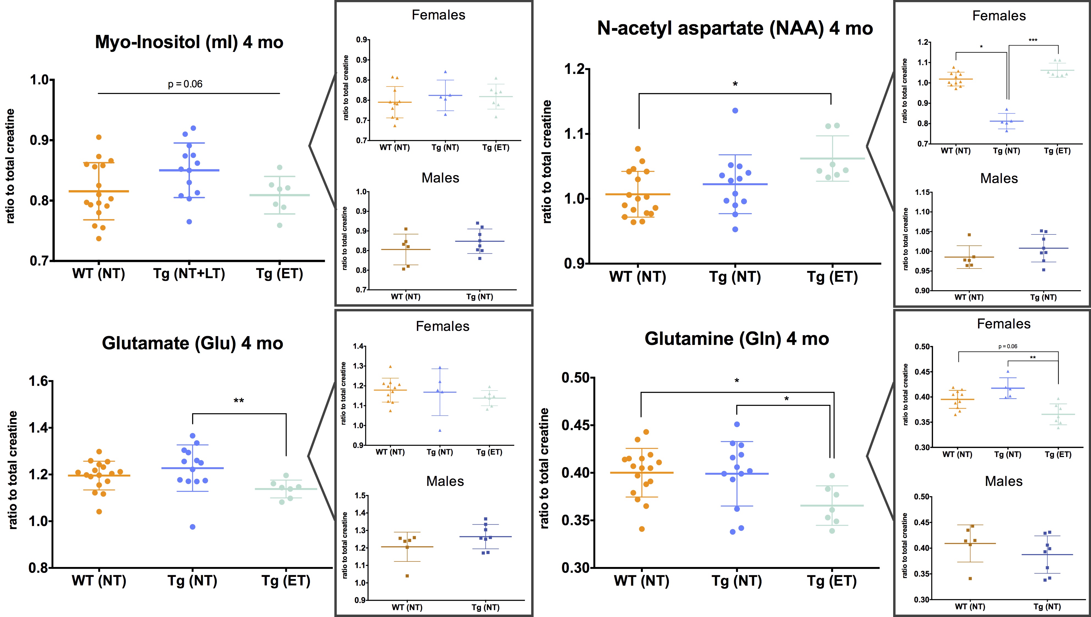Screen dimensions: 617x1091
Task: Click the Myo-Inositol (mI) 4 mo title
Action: coord(189,42)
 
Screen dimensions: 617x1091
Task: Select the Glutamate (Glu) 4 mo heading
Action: coord(192,343)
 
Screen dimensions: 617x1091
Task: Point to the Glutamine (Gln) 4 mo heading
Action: coord(736,339)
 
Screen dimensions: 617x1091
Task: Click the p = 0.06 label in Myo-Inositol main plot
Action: coord(185,84)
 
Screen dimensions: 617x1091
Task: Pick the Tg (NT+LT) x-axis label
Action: coord(189,274)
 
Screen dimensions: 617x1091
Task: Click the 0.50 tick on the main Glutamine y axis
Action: coord(575,378)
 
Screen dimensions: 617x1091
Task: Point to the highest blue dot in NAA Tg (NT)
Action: coord(735,110)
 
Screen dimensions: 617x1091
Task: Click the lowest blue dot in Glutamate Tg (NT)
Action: coord(192,527)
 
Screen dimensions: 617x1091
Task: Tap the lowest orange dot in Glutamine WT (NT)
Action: coord(642,529)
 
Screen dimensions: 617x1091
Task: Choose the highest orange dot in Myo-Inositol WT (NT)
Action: coord(99,137)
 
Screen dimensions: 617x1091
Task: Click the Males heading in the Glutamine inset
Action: coord(1004,482)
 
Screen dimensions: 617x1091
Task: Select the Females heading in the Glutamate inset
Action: coord(442,326)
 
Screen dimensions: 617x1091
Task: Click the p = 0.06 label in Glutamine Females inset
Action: coord(1007,346)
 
